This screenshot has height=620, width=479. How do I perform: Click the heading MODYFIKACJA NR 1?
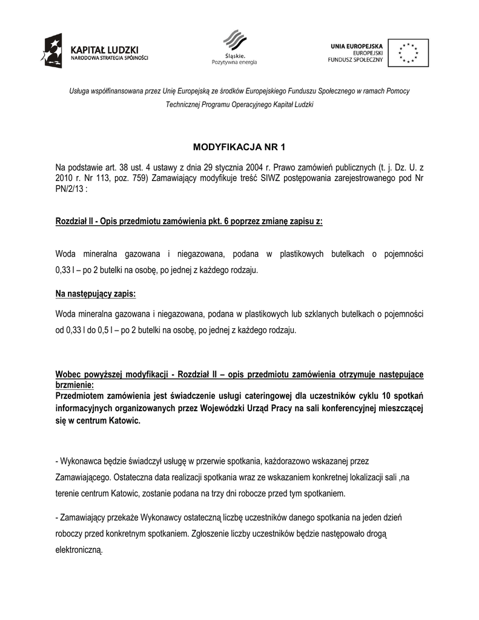point(239,147)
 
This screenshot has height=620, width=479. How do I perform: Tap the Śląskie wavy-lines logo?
point(234,41)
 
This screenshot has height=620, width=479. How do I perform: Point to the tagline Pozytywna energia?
point(234,62)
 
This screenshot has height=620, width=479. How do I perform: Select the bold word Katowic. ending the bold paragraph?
point(123,420)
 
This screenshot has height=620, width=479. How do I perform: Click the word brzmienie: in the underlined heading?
point(74,384)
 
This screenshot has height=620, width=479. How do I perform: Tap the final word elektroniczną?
point(79,551)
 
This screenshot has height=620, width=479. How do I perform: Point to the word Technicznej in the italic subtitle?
point(183,105)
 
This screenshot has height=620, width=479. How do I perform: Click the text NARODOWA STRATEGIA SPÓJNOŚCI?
point(109,59)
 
